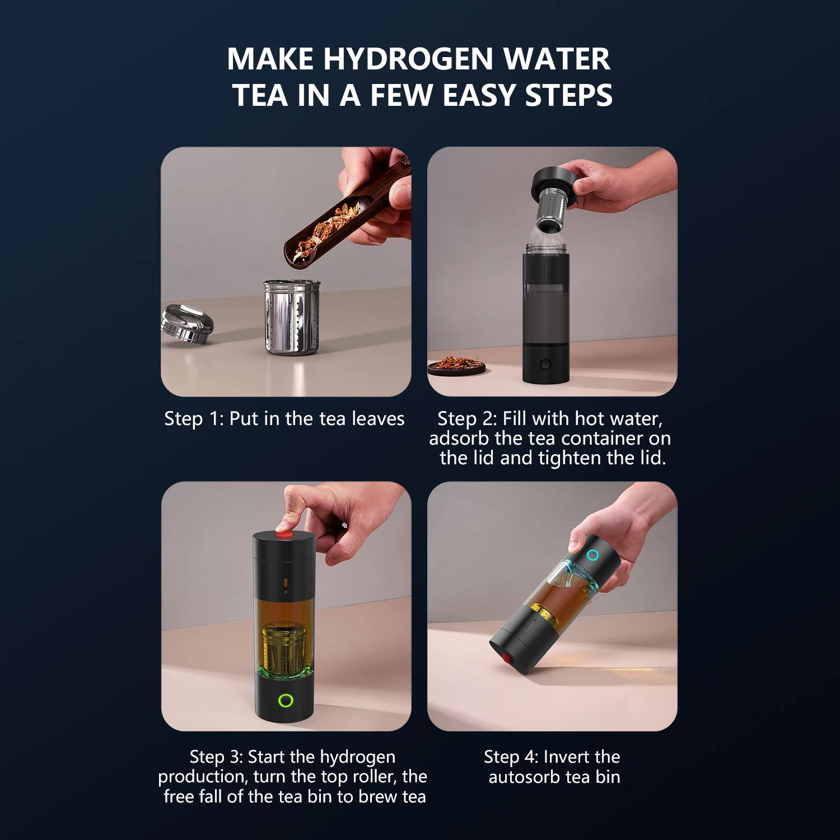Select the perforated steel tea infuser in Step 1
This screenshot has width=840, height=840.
click(x=292, y=317)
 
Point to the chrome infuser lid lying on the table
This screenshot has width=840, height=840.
click(x=187, y=323)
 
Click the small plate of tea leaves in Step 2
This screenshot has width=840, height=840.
click(x=456, y=365)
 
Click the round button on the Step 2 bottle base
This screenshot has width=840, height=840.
click(x=545, y=365)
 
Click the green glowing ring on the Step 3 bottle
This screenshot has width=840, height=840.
click(x=286, y=700)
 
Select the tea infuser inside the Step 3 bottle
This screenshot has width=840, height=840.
click(x=284, y=650)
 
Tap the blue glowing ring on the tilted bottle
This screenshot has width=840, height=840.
click(x=592, y=555)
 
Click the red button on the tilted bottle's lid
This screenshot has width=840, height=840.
click(x=507, y=659)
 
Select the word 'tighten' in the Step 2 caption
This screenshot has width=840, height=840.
click(x=570, y=458)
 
